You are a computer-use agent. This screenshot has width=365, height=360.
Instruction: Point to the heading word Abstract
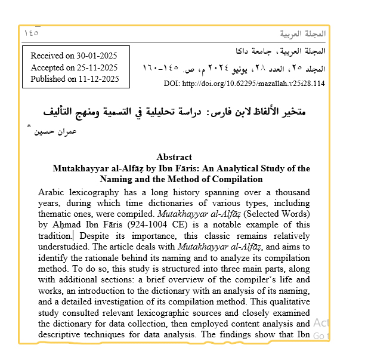tap(174, 157)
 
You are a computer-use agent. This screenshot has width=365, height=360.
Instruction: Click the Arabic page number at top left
tap(32, 33)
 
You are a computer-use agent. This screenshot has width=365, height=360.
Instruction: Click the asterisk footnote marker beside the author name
tap(29, 128)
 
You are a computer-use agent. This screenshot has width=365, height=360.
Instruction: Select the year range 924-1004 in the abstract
tap(142, 224)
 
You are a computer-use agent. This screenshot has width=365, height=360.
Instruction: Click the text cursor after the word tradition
tap(73, 236)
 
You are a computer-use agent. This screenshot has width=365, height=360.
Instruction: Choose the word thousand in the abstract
tap(290, 192)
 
